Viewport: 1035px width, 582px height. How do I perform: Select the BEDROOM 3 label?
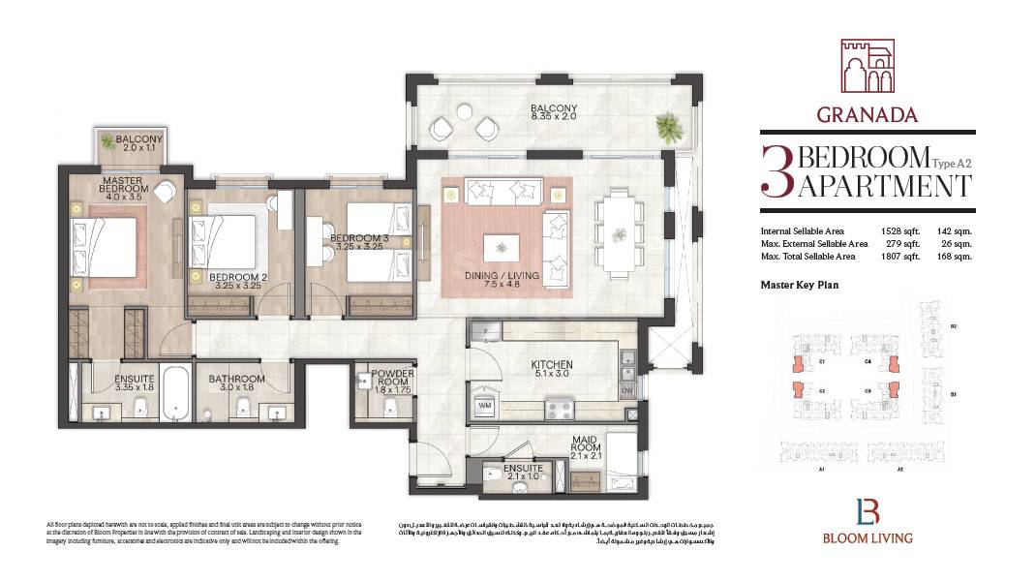(356, 239)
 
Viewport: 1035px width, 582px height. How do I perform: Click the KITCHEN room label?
(553, 366)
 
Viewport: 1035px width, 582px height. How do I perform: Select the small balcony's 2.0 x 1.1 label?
(140, 149)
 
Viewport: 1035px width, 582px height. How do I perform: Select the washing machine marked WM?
(483, 405)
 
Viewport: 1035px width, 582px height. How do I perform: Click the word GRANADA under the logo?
(867, 115)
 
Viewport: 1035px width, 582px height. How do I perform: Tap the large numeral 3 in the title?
(776, 171)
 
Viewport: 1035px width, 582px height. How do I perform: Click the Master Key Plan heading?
(799, 286)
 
